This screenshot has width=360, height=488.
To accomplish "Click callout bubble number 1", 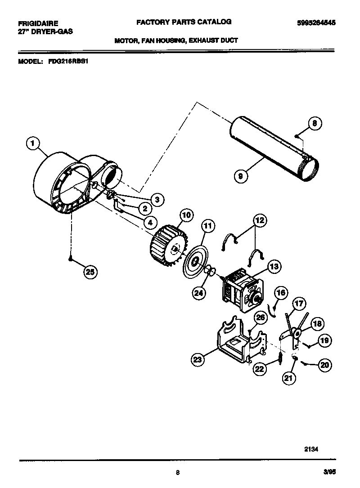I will (x=31, y=144).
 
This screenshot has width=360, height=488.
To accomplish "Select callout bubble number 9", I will (x=241, y=176).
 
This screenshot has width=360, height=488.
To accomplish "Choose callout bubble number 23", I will (x=198, y=359).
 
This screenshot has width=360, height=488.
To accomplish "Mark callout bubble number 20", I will (x=324, y=365).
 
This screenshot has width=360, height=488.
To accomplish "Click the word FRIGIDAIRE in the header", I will (x=38, y=22).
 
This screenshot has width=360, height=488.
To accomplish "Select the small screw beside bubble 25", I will (x=70, y=258).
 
